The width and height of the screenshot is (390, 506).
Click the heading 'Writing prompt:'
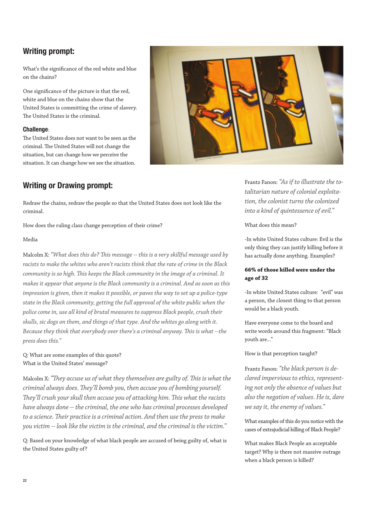[x=48, y=51]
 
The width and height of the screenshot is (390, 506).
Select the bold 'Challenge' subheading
[x=36, y=129]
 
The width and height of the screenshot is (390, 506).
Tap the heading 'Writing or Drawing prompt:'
[x=67, y=186]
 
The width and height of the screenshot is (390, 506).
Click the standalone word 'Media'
[x=30, y=239]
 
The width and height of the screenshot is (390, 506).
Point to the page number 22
[x=25, y=480]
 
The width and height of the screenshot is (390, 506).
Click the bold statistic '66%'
[x=252, y=270]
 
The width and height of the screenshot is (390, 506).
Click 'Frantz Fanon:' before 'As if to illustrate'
[x=261, y=182]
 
